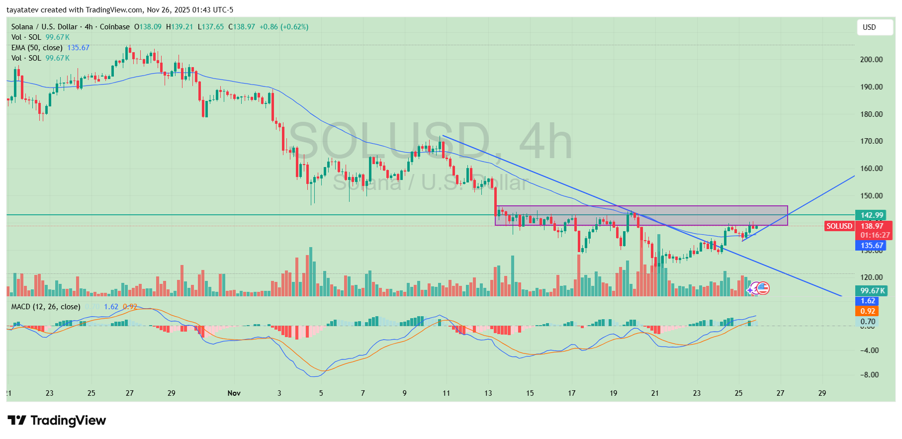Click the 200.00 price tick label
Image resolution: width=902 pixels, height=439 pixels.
[871, 60]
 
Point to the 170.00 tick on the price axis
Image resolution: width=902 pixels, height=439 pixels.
[871, 141]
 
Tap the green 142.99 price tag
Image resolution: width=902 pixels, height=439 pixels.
[872, 215]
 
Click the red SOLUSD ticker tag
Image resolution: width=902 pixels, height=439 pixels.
[839, 226]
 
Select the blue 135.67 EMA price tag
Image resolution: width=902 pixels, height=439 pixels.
[872, 246]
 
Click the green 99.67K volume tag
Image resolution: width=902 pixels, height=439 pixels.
[872, 291]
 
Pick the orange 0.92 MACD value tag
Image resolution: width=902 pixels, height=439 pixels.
[868, 311]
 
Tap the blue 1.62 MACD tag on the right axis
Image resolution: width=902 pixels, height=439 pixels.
[868, 301]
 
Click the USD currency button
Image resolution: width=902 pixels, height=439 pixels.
[874, 27]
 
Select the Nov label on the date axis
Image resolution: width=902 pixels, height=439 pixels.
[234, 393]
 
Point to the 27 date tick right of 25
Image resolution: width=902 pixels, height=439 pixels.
[780, 393]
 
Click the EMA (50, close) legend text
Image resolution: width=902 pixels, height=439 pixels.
[37, 48]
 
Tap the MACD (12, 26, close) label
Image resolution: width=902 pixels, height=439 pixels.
[46, 307]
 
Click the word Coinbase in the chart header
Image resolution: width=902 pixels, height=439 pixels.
[114, 27]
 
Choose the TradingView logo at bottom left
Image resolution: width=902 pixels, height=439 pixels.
[57, 421]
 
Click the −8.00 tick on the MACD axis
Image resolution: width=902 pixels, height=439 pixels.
[870, 375]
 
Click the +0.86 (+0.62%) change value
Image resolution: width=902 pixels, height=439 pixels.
[284, 27]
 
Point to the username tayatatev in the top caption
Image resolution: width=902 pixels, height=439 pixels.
[23, 10]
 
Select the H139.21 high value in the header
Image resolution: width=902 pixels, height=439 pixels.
[180, 27]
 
